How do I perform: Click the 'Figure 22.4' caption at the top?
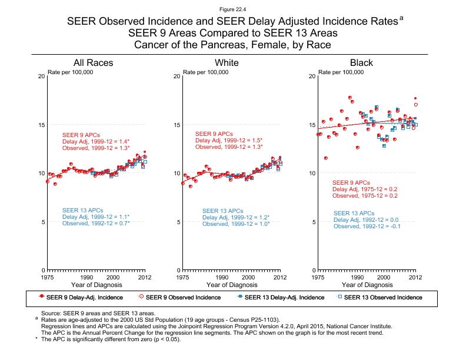(232, 9)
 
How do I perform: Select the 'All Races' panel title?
(93, 63)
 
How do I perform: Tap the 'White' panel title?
(227, 63)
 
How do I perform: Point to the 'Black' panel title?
(361, 63)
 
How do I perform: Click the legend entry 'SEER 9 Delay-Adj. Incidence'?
(82, 297)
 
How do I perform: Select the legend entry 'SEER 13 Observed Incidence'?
(382, 297)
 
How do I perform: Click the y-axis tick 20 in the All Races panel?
(41, 76)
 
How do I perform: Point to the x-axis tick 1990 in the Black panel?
(357, 276)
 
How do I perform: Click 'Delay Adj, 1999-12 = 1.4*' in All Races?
(96, 141)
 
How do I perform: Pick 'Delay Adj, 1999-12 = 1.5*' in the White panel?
(229, 141)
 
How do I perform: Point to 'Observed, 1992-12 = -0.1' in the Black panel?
(367, 226)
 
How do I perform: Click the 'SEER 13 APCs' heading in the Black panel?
(354, 213)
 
